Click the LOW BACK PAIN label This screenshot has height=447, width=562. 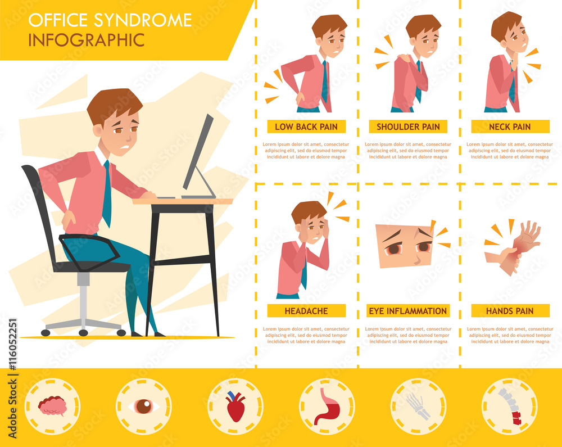coord(306,127)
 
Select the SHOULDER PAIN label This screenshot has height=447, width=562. coord(408,127)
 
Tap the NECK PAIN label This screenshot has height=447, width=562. coord(510,127)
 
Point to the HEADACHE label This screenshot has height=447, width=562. coord(306,310)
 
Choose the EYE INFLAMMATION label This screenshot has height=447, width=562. coord(408,310)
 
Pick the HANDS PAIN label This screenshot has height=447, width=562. coord(510,310)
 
